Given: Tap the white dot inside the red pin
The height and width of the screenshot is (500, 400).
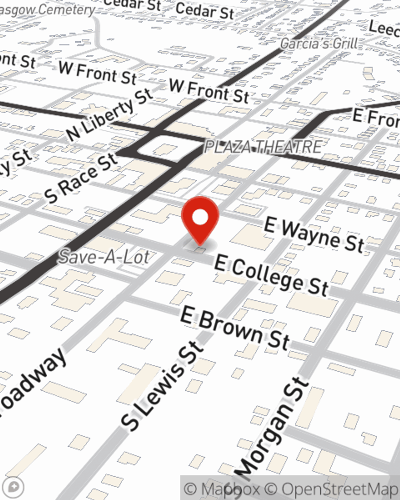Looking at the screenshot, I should [200, 218].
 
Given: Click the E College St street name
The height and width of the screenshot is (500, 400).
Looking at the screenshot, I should [272, 276].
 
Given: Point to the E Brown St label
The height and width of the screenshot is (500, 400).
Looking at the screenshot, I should [235, 328].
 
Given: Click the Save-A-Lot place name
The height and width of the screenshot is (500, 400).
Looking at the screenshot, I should [104, 256].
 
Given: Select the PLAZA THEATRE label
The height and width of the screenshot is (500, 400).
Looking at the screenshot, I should [263, 147].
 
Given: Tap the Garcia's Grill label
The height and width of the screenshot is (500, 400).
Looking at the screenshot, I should [319, 43].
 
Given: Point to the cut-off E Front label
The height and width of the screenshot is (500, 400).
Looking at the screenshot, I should [376, 118].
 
